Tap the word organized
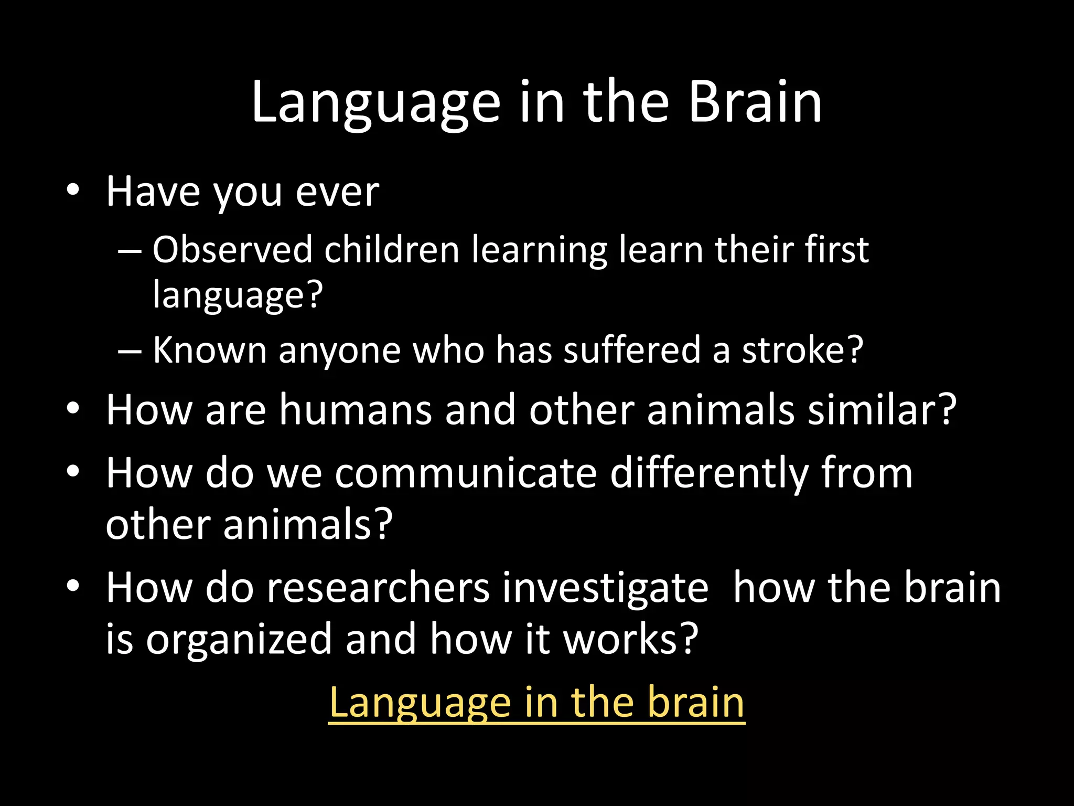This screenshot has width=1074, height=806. (x=239, y=640)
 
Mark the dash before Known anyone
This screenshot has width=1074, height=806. (x=129, y=350)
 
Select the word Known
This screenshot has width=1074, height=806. (x=210, y=350)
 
